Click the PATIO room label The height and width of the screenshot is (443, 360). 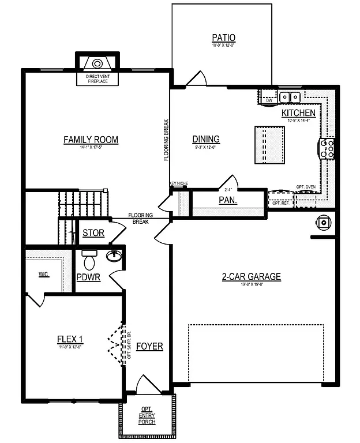(223, 39)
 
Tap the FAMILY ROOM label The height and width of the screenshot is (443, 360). (91, 139)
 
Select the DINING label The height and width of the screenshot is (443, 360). (205, 138)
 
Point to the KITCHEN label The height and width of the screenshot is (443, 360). (298, 113)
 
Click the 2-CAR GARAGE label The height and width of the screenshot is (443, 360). (251, 277)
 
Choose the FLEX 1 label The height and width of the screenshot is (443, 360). (70, 339)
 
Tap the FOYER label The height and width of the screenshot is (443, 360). (149, 347)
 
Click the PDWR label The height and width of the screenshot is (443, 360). (89, 277)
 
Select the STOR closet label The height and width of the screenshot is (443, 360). (93, 234)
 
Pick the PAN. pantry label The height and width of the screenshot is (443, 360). (228, 201)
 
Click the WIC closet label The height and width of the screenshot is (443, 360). (43, 274)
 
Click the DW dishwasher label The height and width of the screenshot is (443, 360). (268, 100)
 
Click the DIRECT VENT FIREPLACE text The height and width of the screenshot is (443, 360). (97, 79)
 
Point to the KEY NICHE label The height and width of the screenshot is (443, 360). (178, 184)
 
